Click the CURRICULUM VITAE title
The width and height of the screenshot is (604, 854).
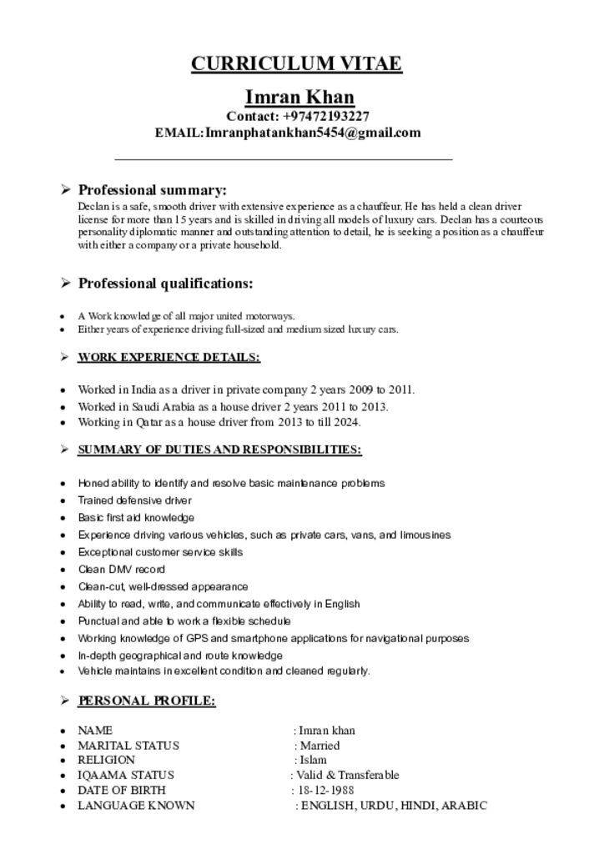tap(296, 64)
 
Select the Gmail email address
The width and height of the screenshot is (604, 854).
tap(313, 133)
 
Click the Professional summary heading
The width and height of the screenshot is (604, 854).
tap(152, 190)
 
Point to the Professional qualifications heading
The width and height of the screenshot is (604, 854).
tap(165, 284)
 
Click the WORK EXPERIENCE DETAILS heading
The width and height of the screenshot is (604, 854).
tap(169, 358)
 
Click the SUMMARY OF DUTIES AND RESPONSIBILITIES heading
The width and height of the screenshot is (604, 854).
tap(219, 450)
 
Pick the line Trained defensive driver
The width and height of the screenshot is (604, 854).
tap(134, 500)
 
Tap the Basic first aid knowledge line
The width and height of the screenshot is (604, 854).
tap(136, 518)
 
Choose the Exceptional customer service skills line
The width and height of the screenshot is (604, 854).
tap(160, 552)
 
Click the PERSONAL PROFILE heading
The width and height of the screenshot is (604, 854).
tap(147, 701)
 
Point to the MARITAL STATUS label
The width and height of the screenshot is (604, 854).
tap(128, 746)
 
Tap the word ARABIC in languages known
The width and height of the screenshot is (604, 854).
tap(464, 806)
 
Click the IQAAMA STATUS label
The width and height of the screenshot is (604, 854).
tap(126, 776)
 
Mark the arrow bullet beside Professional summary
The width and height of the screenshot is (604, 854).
tap(64, 190)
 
